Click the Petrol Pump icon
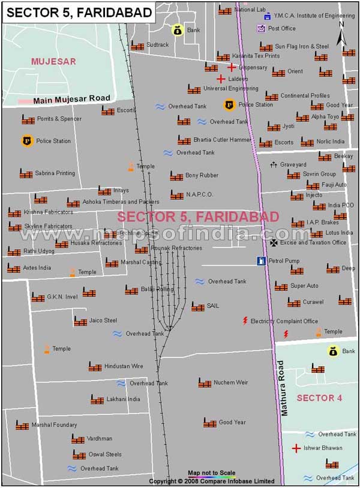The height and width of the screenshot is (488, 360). point(261,261)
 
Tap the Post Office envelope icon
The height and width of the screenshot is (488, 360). point(261,28)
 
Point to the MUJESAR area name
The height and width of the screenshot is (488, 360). point(53,61)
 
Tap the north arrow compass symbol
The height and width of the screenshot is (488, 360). point(341,35)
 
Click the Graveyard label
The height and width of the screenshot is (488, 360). point(293,164)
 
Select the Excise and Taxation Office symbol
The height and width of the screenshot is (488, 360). point(274,243)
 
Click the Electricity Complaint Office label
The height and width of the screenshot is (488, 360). point(284,321)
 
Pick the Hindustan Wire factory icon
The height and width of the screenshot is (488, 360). point(95,366)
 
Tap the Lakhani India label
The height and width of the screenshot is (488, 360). point(123,399)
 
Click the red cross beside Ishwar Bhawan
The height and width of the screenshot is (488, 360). point(296,448)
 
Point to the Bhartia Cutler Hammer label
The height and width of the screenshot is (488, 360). point(222,140)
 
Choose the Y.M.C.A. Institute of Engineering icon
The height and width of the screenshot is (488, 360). point(267,16)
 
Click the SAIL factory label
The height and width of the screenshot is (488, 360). point(212,306)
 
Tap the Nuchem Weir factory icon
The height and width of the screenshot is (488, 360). point(205,382)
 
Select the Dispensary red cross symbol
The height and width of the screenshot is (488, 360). point(232,68)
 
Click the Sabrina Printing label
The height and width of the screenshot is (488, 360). point(55,173)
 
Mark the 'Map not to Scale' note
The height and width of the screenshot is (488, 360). point(211,472)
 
